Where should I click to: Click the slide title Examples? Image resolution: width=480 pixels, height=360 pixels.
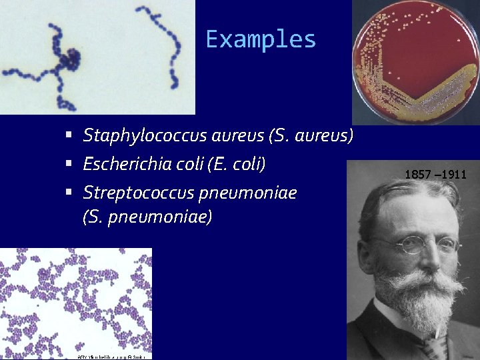(261, 39)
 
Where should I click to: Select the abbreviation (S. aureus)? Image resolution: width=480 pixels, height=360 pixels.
(310, 136)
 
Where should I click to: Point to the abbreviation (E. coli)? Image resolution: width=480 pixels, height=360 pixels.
(237, 164)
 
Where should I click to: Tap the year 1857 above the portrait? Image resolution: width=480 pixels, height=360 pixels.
(417, 175)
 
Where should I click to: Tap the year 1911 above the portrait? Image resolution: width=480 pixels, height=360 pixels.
(454, 175)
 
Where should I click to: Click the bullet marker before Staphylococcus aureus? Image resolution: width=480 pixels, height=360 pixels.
(69, 136)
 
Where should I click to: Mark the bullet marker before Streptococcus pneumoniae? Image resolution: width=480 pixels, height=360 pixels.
(69, 193)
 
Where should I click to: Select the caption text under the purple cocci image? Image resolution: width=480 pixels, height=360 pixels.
(111, 357)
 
